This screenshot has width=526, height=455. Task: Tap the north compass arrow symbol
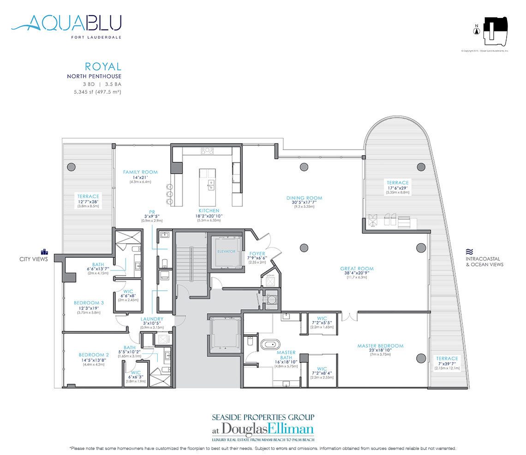pyautogui.click(x=475, y=31)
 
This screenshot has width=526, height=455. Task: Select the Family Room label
pyautogui.click(x=140, y=172)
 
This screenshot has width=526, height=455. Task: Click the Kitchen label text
pyautogui.click(x=209, y=210)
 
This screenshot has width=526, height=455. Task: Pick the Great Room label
pyautogui.click(x=357, y=269)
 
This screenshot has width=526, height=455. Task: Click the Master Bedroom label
pyautogui.click(x=380, y=346)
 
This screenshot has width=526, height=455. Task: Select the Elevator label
pyautogui.click(x=227, y=251)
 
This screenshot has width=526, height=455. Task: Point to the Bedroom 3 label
pyautogui.click(x=89, y=303)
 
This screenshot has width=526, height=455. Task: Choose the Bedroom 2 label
pyautogui.click(x=94, y=355)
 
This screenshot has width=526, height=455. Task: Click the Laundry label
pyautogui.click(x=152, y=318)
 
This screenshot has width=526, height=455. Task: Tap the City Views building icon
pyautogui.click(x=45, y=251)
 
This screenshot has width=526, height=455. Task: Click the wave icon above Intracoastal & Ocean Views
pyautogui.click(x=470, y=252)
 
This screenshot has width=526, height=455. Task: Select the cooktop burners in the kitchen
pyautogui.click(x=207, y=150)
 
